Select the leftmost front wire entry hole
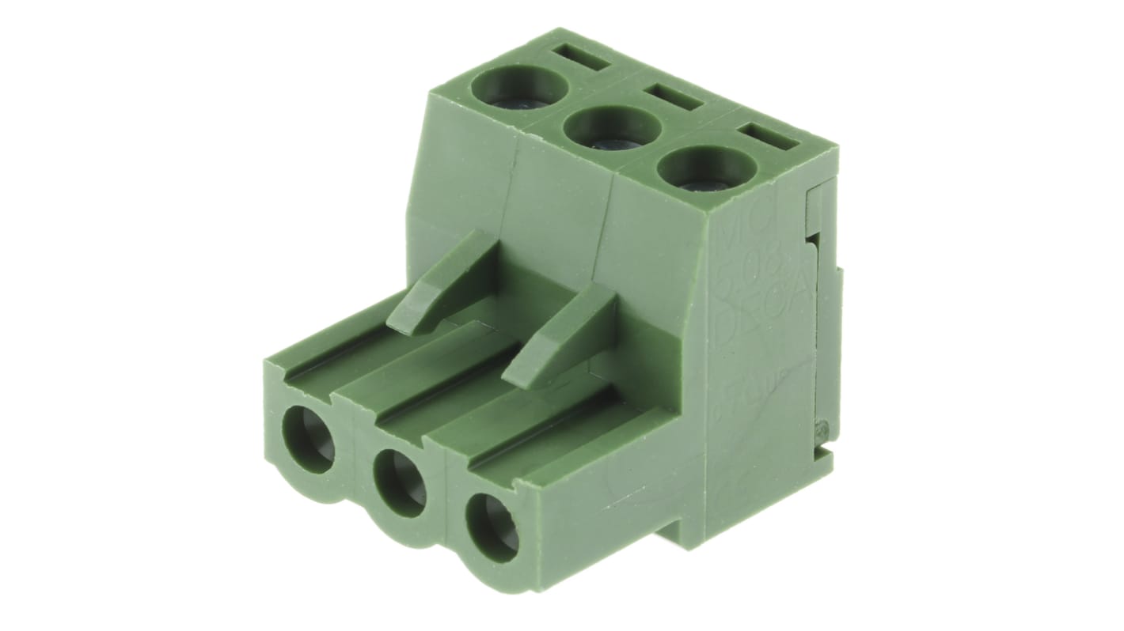point(309,440)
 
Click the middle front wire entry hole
point(400,482)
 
